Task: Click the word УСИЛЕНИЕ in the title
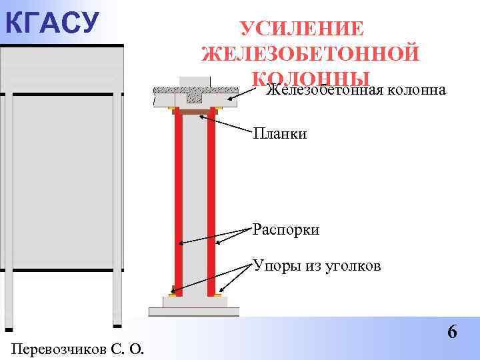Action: click(x=302, y=30)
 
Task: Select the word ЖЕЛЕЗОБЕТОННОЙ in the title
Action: click(x=310, y=54)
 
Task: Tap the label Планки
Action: click(x=280, y=135)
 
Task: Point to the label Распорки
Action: click(x=286, y=231)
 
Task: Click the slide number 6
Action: click(x=452, y=331)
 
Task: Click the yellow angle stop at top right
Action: click(x=218, y=108)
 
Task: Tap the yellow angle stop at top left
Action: click(x=172, y=108)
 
